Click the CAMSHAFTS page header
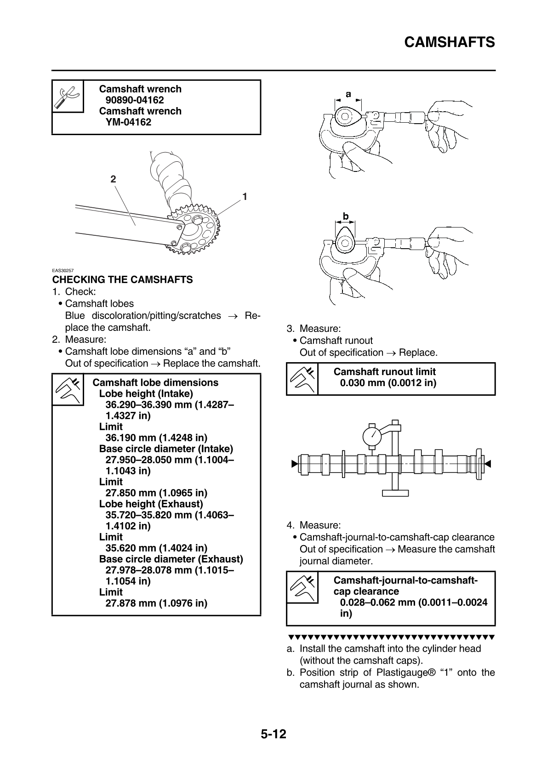pos(449,42)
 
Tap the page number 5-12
pos(273,734)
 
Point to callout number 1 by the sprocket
pos(245,197)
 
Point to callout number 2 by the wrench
pos(113,179)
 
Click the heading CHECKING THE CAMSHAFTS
pos(122,279)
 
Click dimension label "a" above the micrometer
pos(348,94)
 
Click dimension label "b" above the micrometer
pos(346,216)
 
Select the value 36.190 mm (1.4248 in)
pos(156,438)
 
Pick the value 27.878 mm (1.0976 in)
pos(156,603)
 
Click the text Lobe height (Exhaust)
pos(151,504)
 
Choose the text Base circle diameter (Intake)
pos(166,449)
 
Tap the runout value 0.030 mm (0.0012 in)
pos(388,383)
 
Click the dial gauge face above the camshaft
pos(372,435)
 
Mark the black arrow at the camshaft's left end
pos(294,464)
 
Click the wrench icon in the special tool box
pos(68,96)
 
